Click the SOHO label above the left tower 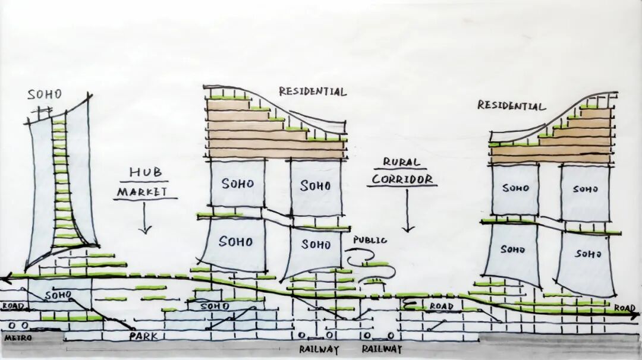click(x=45, y=94)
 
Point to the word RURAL click(x=401, y=162)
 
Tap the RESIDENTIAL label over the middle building click(x=312, y=91)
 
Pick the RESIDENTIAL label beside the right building click(x=511, y=106)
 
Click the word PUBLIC click(x=370, y=240)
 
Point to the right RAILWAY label click(x=382, y=349)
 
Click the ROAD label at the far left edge click(x=11, y=307)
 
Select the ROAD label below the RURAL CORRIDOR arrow click(x=442, y=307)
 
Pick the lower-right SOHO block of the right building click(x=585, y=254)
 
